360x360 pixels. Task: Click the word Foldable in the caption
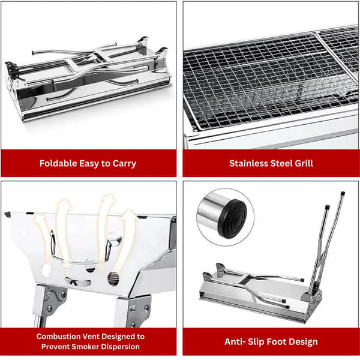click(58, 163)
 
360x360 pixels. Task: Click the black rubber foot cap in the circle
click(232, 219)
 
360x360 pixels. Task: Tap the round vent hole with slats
click(113, 279)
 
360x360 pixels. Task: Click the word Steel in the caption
click(281, 163)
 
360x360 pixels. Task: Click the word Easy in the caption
click(89, 164)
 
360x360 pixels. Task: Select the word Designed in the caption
click(118, 337)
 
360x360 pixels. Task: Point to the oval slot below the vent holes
click(78, 282)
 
